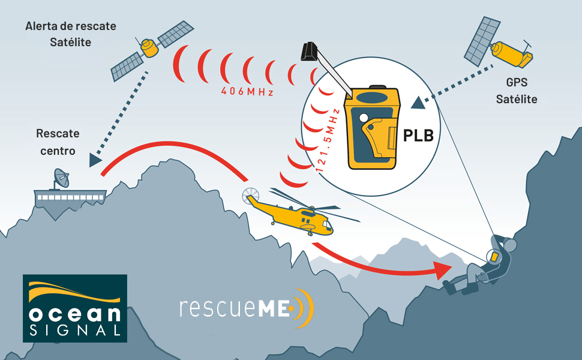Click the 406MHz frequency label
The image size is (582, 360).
tap(247, 92)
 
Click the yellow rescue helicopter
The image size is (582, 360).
tap(294, 214)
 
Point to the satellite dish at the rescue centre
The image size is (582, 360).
tap(61, 178)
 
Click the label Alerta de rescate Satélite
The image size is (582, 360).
tap(71, 34)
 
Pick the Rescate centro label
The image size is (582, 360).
tap(58, 142)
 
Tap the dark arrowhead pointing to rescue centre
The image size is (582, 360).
tap(94, 160)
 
